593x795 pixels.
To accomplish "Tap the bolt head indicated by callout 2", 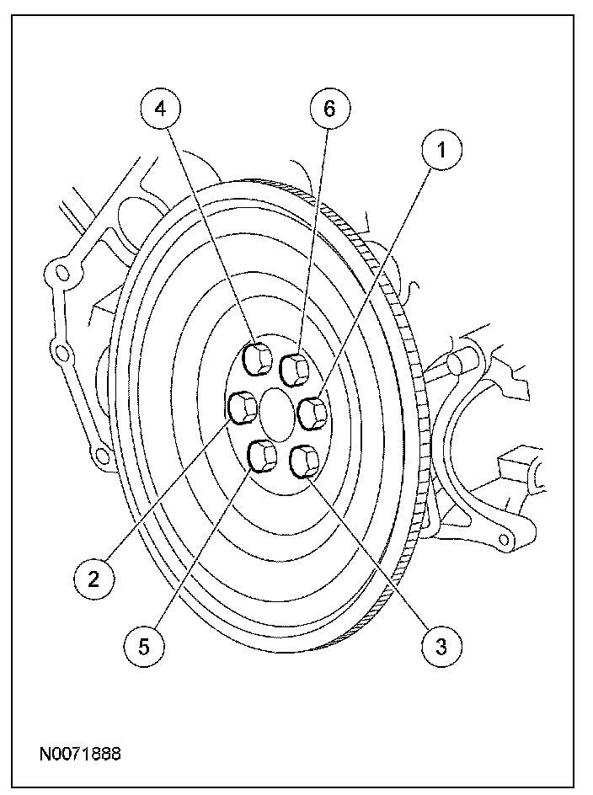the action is (x=244, y=408).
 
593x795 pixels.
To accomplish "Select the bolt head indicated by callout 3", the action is (x=303, y=462).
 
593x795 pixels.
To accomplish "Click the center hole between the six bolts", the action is (x=278, y=411).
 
